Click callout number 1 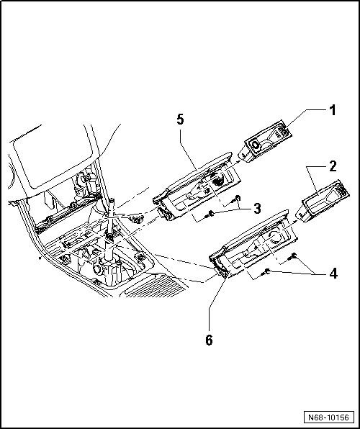pyautogui.click(x=332, y=110)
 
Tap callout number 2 pyautogui.click(x=333, y=166)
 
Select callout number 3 pyautogui.click(x=257, y=209)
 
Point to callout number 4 pyautogui.click(x=333, y=274)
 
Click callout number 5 pyautogui.click(x=180, y=119)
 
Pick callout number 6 pyautogui.click(x=209, y=340)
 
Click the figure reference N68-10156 pyautogui.click(x=329, y=417)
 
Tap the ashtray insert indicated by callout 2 pyautogui.click(x=325, y=201)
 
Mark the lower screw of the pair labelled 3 pyautogui.click(x=210, y=214)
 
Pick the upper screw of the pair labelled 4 pyautogui.click(x=292, y=256)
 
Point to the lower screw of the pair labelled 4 pyautogui.click(x=266, y=271)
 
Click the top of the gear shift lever pyautogui.click(x=112, y=201)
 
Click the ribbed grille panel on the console pyautogui.click(x=153, y=286)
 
